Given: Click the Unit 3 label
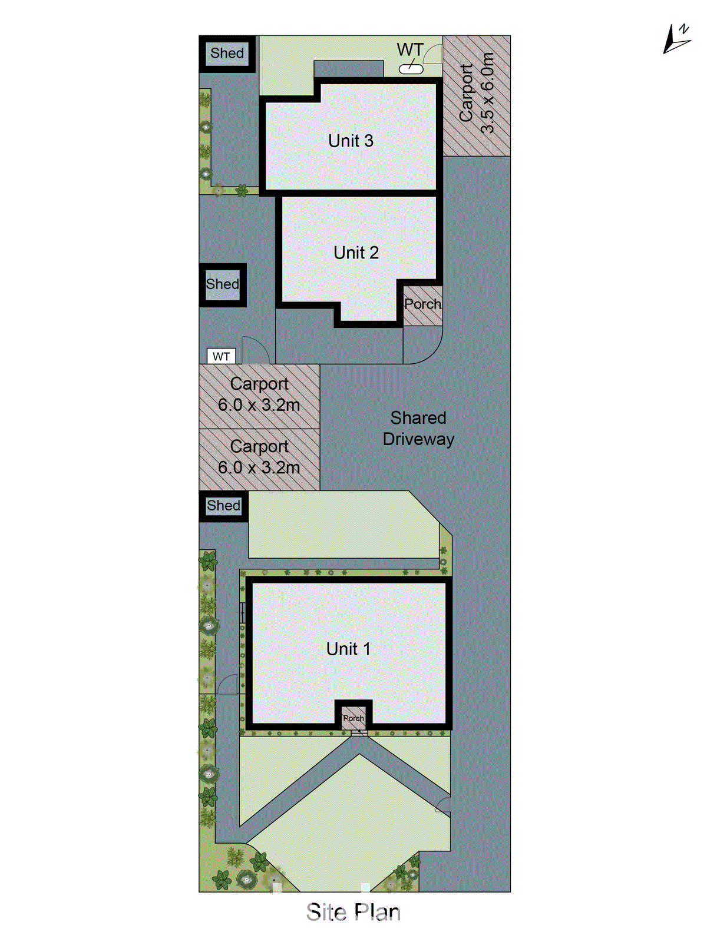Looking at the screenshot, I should click(351, 141).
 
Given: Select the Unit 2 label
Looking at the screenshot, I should click(356, 253).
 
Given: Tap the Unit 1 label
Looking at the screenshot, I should click(348, 649).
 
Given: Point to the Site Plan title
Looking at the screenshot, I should click(353, 912).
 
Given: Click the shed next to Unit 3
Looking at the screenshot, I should click(227, 54).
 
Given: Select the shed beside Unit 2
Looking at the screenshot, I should click(223, 284).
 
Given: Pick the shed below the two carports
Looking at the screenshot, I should click(223, 506).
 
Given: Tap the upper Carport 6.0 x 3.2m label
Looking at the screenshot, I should click(259, 394).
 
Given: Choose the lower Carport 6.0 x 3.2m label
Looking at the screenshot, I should click(259, 457).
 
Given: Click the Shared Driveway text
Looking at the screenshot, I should click(418, 428).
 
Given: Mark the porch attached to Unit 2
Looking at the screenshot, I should click(422, 304).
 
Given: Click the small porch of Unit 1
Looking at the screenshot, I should click(353, 718).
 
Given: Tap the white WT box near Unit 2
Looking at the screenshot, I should click(221, 357).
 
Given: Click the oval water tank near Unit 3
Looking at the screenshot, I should click(411, 69).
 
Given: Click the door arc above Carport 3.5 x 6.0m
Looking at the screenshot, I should click(433, 55).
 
